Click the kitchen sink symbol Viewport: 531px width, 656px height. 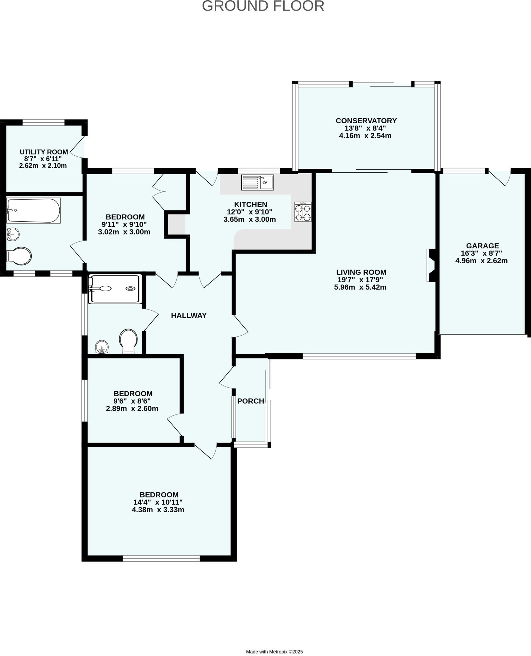click(258, 182)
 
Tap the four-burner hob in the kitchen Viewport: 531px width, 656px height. click(303, 212)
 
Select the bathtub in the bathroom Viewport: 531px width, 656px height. click(34, 210)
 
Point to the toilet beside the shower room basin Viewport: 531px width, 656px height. click(129, 341)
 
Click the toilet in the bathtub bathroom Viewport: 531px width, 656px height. click(19, 256)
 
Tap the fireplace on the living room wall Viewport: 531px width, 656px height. click(431, 265)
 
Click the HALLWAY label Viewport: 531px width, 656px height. click(189, 316)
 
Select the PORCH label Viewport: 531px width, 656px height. click(250, 401)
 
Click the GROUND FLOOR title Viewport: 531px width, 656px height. click(263, 6)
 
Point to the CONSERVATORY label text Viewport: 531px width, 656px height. click(366, 121)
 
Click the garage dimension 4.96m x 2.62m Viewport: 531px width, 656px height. click(481, 261)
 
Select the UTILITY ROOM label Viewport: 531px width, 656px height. click(44, 152)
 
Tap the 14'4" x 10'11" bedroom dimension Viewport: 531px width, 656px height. click(158, 502)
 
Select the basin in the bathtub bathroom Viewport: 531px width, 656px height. click(13, 234)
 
